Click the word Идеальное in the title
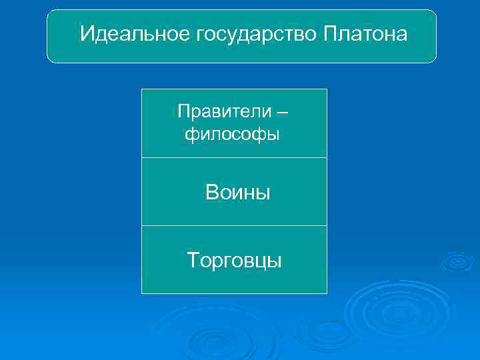coord(135,34)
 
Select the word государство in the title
coord(255,34)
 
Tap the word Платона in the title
coord(365,34)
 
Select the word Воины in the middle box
coord(238,193)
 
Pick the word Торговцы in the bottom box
coord(235,260)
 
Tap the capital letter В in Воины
coord(212,193)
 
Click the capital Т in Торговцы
coord(193,259)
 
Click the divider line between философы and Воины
coord(234,158)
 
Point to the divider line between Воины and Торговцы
coord(234,226)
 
